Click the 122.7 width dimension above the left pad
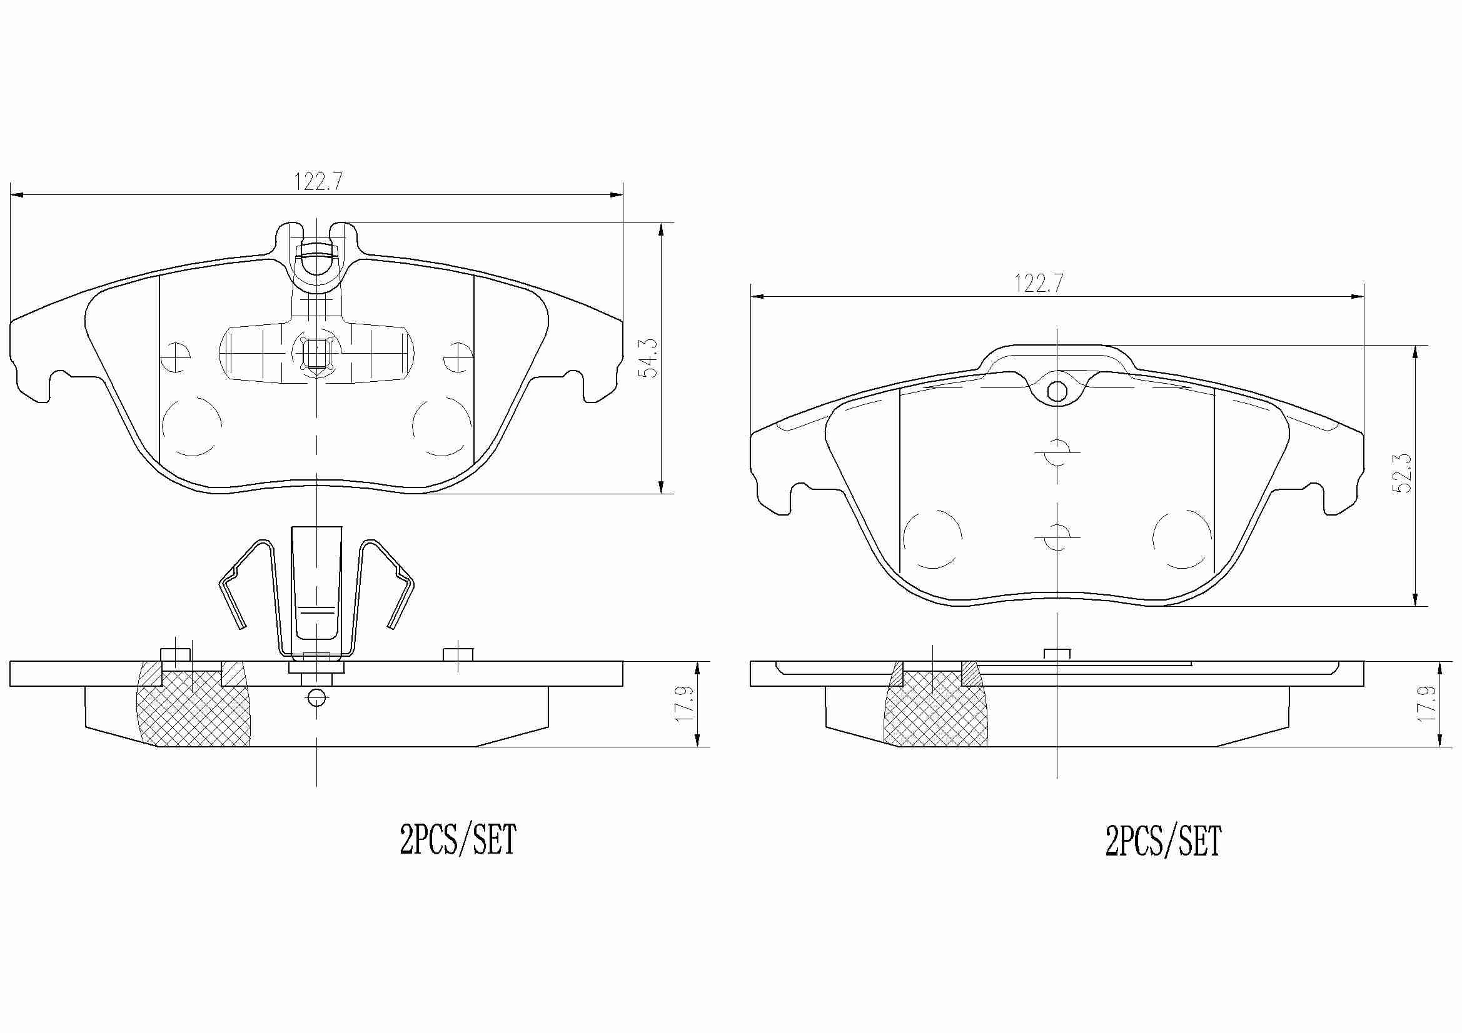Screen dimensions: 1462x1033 318,182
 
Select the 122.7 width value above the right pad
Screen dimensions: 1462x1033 1039,283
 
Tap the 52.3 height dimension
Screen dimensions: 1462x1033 1402,473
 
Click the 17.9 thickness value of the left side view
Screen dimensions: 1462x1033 684,703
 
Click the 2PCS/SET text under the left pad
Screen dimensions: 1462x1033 457,839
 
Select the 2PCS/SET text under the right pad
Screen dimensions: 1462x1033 1163,841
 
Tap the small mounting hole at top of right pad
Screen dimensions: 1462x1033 1057,391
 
